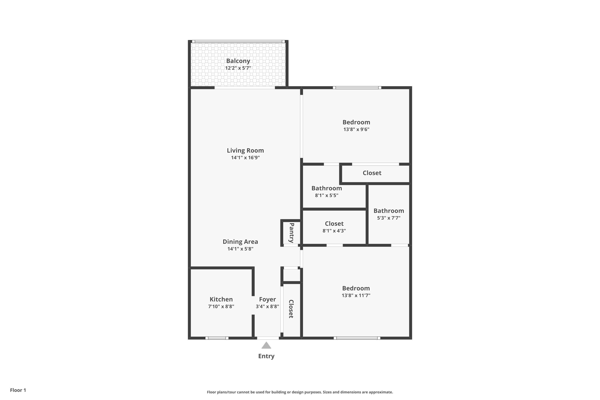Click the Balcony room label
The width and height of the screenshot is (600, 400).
pos(238,61)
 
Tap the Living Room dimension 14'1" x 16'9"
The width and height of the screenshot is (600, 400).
pos(245,158)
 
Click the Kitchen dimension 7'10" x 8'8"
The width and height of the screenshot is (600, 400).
pos(221,306)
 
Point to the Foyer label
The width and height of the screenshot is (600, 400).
pos(267,299)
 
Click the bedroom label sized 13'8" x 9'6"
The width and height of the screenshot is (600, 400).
pos(356,122)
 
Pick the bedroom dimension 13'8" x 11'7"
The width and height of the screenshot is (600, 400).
pos(356,295)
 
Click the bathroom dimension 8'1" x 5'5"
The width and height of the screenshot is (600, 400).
pos(327,195)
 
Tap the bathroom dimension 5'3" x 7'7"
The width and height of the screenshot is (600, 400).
pos(389,218)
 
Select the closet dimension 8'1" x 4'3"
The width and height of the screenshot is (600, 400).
pos(334,231)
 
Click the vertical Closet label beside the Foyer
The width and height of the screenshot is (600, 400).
pos(291,309)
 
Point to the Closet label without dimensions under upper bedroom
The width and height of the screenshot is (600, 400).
pos(372,173)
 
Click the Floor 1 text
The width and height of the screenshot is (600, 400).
pos(18,390)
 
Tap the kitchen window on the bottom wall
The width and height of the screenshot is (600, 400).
pos(217,338)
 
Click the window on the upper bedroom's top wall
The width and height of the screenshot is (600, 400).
pos(357,88)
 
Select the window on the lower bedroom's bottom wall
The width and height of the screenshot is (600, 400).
pos(357,338)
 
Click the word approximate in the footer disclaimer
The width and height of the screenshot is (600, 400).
pos(380,392)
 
